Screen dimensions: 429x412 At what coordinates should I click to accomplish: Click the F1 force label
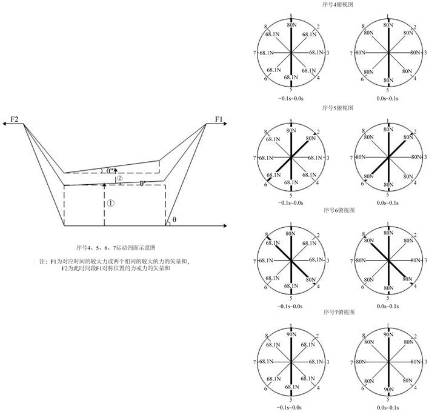(x=219, y=119)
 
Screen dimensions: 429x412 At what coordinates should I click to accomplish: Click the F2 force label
(x=15, y=119)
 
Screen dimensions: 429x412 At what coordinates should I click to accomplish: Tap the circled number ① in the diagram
(x=110, y=203)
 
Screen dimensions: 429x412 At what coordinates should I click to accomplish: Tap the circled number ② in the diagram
(x=120, y=178)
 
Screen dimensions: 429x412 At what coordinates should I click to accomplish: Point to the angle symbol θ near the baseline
(x=175, y=219)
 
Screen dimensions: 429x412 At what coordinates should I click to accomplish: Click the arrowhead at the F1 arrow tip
(x=225, y=124)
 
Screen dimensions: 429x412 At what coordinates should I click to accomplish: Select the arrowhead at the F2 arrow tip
(x=4, y=124)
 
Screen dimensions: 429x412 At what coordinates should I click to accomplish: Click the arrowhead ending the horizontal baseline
(x=225, y=226)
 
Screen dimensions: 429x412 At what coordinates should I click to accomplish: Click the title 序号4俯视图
(x=338, y=5)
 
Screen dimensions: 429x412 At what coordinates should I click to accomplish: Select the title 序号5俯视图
(x=338, y=108)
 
